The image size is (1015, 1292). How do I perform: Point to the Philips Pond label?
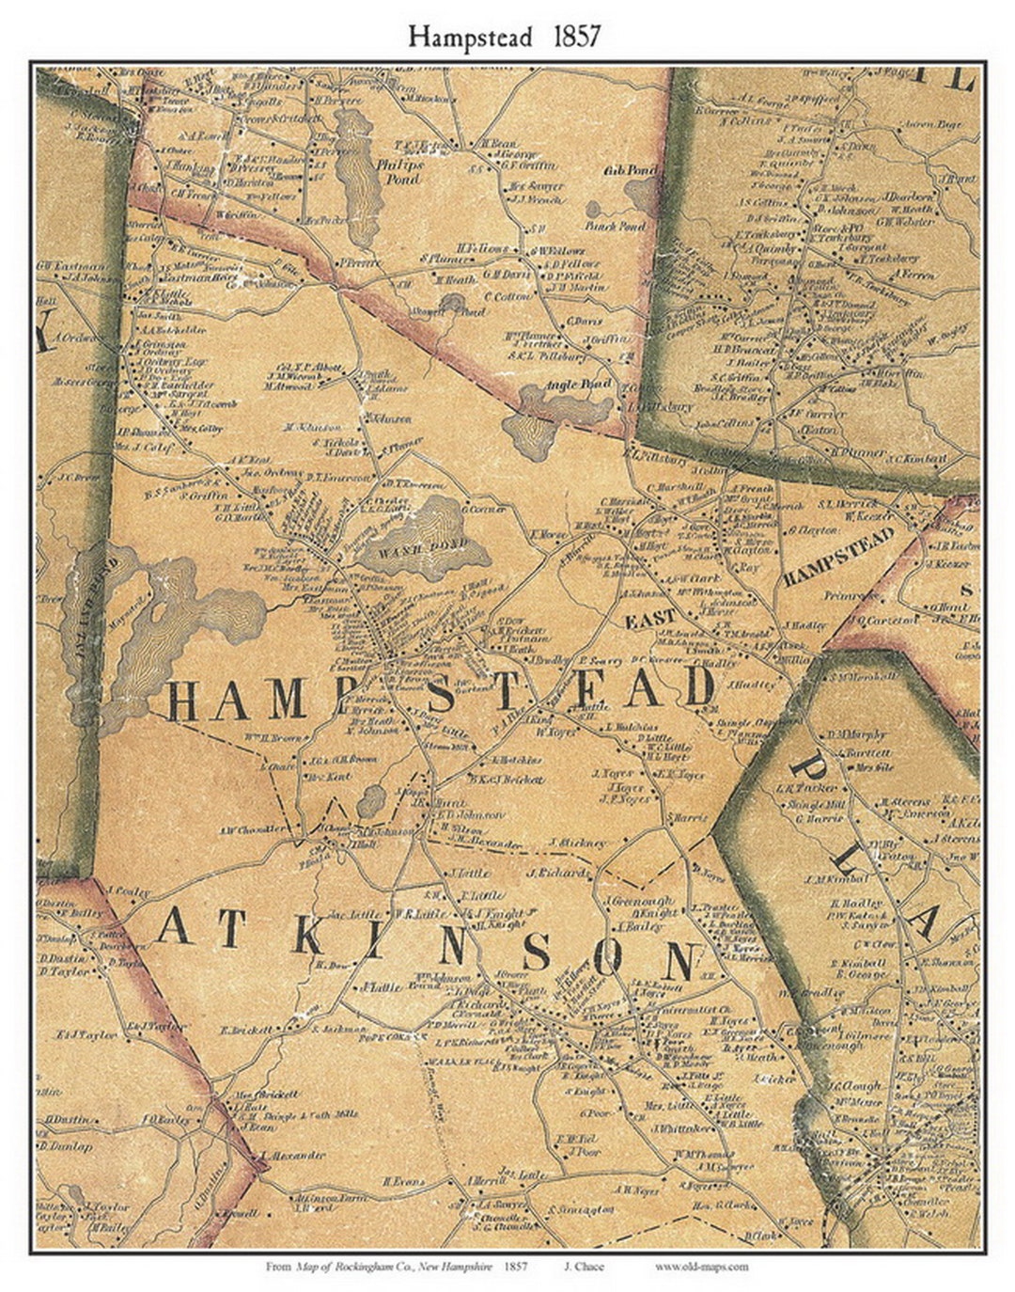point(400,170)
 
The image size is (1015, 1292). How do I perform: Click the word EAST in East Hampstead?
point(650,619)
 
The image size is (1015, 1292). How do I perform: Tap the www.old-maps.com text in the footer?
point(701,1267)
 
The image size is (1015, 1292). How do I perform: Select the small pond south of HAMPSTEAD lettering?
point(371,800)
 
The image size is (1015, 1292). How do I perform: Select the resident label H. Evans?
point(404,1180)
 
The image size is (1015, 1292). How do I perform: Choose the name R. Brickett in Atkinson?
point(246,1030)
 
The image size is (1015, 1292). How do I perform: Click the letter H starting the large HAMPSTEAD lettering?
point(184,701)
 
